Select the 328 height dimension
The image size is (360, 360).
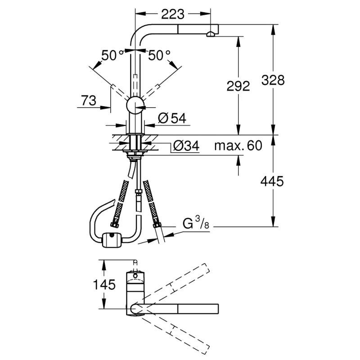click(x=273, y=80)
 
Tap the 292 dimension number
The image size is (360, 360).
click(x=237, y=85)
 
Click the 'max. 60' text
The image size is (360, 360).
click(x=238, y=146)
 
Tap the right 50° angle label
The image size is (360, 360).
click(x=159, y=55)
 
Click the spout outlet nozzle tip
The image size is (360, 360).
click(x=211, y=34)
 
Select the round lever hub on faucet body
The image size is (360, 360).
click(x=135, y=106)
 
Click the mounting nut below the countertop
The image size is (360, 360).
click(x=135, y=156)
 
